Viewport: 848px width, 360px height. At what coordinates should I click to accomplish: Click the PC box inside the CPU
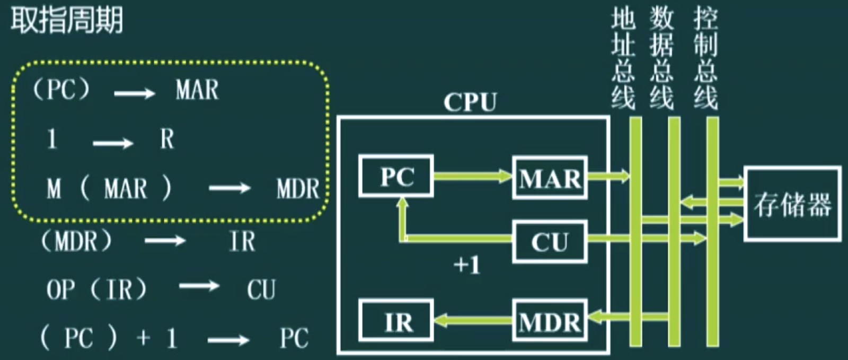point(396,177)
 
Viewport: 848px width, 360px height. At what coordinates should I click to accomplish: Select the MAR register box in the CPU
point(550,178)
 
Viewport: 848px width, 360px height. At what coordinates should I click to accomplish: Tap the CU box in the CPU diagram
point(550,242)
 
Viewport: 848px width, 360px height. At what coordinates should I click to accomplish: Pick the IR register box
point(396,321)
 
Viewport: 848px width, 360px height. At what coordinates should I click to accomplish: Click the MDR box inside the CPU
point(550,321)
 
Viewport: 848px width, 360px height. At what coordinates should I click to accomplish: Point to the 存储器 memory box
point(792,204)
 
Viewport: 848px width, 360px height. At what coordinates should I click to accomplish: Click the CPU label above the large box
point(470,102)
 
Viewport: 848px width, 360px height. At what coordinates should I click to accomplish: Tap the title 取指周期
point(67,21)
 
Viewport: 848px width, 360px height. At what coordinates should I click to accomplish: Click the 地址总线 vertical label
point(623,58)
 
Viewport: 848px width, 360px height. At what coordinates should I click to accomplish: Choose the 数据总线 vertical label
point(662,58)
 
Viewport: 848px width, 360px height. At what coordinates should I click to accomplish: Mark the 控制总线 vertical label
point(705,58)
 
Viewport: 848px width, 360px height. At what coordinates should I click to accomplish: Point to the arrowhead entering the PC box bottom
point(403,202)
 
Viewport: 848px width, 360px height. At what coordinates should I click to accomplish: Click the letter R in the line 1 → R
point(167,139)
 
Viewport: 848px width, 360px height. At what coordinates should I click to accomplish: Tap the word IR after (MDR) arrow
point(242,242)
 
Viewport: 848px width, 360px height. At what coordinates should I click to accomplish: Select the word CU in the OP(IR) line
point(261,289)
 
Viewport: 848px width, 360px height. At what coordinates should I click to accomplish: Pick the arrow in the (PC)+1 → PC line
point(228,339)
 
